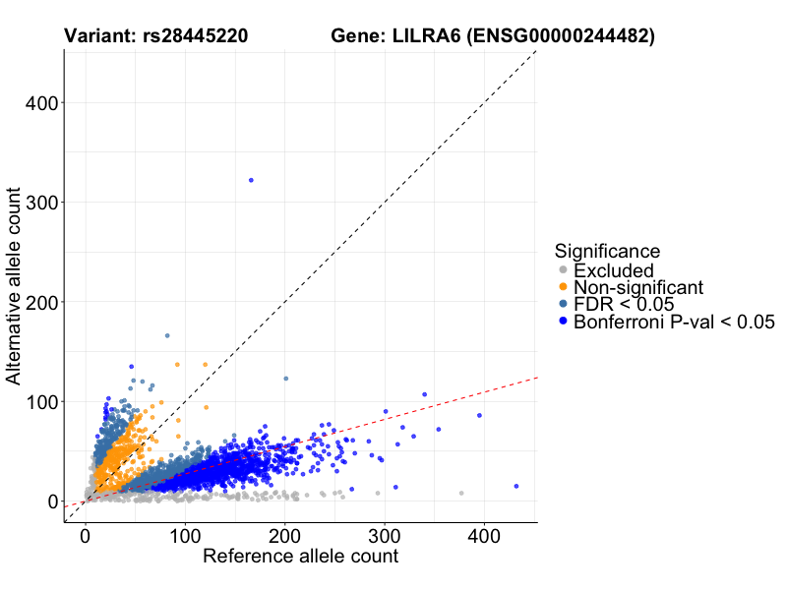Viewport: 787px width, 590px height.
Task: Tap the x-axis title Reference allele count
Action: [x=300, y=557]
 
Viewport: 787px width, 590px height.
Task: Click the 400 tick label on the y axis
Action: [x=40, y=102]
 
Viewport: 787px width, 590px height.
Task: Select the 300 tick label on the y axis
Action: [x=40, y=203]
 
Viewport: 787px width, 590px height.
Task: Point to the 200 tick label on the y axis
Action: [x=40, y=302]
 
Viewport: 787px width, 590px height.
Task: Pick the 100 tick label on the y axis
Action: [x=40, y=402]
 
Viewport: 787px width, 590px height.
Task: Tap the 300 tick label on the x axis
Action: [x=385, y=537]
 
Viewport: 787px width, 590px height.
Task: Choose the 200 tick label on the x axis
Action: [x=284, y=537]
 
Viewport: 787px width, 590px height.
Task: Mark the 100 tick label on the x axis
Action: [x=185, y=537]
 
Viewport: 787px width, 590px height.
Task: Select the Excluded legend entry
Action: [x=613, y=270]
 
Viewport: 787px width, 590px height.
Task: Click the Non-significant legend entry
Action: [x=637, y=287]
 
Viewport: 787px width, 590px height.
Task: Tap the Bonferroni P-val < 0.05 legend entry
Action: [x=674, y=322]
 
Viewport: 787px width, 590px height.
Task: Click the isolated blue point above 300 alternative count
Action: [x=251, y=180]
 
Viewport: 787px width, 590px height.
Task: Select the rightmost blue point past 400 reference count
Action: [x=516, y=486]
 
